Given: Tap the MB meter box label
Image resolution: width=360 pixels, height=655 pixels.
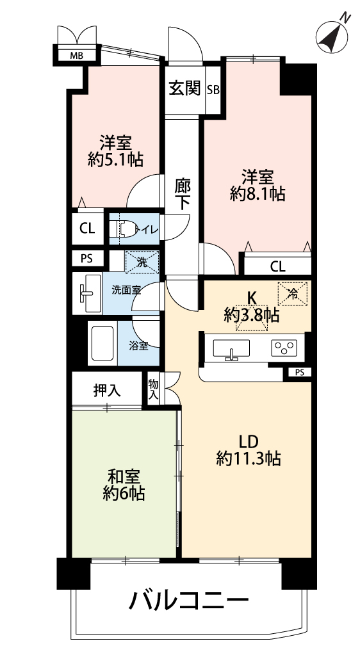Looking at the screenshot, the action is (76, 54).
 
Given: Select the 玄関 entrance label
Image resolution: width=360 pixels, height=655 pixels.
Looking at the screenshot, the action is (184, 88).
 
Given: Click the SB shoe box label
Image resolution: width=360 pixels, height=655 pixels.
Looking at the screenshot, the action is (214, 90).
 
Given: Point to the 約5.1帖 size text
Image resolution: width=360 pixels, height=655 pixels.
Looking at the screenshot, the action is (115, 159).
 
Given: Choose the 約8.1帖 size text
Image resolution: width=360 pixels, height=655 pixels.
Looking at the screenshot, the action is (258, 194).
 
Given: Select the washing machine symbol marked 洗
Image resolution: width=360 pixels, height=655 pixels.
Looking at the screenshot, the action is (142, 263).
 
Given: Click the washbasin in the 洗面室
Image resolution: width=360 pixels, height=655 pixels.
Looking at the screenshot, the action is (87, 293).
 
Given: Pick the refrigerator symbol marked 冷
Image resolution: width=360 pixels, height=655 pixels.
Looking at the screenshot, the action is (293, 294).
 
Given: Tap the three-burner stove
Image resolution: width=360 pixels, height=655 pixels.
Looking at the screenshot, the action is (284, 348).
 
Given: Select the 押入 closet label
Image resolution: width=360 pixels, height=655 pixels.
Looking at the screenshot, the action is (107, 391).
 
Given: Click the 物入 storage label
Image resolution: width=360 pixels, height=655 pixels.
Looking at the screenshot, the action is (154, 390).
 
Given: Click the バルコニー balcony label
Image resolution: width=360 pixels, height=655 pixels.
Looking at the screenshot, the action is (189, 602).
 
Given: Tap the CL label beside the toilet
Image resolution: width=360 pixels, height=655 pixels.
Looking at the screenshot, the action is (87, 229).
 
